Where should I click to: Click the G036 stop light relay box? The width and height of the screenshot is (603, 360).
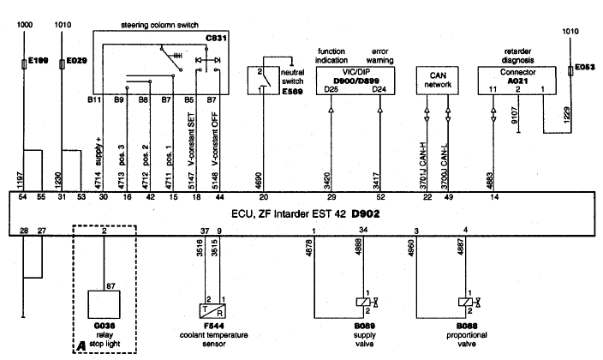tap(104, 302)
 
